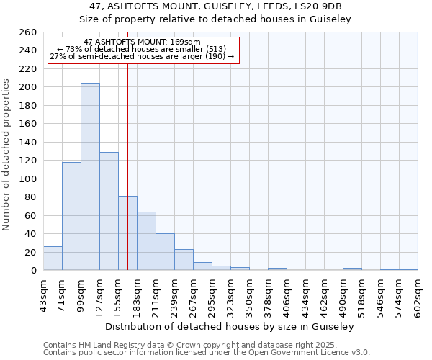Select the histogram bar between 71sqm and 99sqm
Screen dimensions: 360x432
pos(71,216)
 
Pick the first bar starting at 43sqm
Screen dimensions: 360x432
pos(53,258)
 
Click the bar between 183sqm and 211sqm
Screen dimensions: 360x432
pos(146,241)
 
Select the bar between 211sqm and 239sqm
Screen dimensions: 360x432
pos(165,252)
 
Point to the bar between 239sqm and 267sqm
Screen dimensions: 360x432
pos(184,260)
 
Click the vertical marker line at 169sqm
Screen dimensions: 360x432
pos(127,166)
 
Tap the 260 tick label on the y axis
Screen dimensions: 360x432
pos(27,32)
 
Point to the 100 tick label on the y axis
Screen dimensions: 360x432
pos(27,179)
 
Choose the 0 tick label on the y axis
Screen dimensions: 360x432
pos(33,271)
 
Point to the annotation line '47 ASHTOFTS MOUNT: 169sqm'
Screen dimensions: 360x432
pos(142,42)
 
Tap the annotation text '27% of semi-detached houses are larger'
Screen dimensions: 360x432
pos(142,56)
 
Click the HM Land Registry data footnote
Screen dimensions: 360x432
pos(206,345)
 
